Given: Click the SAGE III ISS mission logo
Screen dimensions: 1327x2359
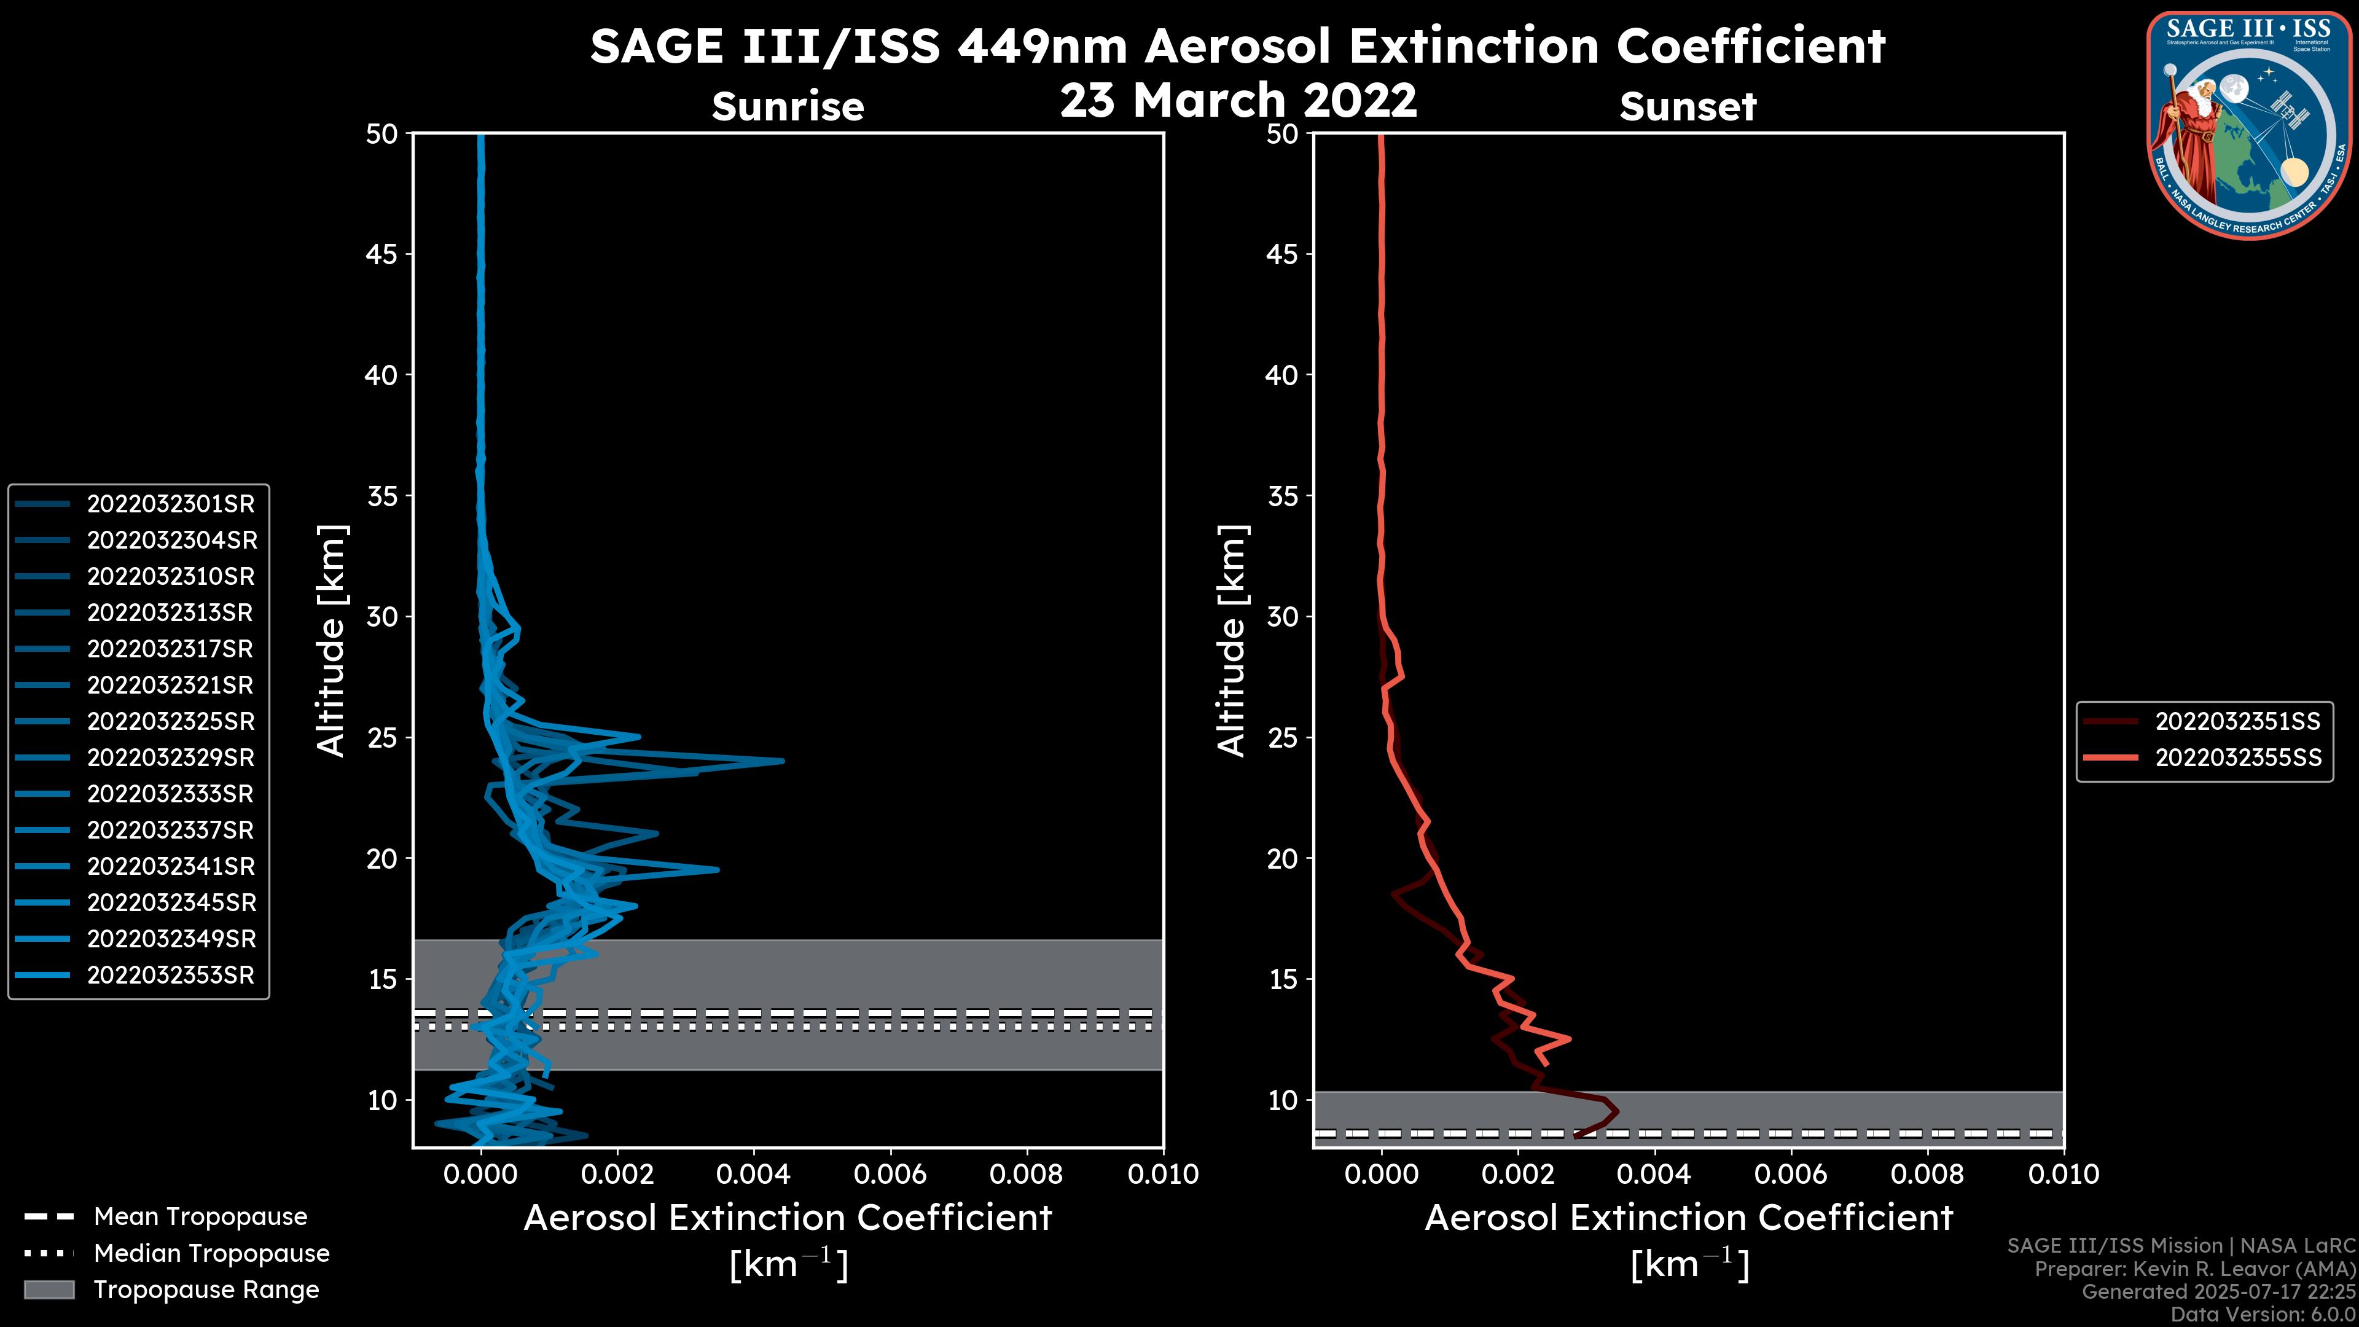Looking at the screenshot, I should point(2249,125).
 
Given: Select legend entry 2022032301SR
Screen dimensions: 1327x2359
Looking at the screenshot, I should point(170,504).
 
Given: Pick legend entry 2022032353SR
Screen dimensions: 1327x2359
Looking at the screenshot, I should point(170,976).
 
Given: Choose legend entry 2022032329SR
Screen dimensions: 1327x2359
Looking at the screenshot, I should point(170,757).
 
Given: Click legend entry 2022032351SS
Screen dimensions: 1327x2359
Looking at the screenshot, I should point(2237,722).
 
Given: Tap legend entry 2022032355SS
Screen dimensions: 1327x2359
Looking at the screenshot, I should point(2237,758).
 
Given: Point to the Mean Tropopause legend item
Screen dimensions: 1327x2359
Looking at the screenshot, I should point(200,1217).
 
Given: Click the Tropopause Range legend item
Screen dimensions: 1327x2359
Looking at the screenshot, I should point(206,1290).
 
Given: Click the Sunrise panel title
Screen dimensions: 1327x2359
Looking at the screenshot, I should point(788,107).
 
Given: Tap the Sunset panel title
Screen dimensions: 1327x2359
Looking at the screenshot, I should point(1688,107).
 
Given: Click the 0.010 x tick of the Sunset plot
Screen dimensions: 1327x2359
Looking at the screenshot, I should point(2064,1174).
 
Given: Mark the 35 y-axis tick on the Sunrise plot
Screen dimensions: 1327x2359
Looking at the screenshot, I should point(383,496).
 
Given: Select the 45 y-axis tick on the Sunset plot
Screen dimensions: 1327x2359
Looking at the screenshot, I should point(1282,254).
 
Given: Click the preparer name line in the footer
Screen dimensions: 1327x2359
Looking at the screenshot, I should point(2194,1269).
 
